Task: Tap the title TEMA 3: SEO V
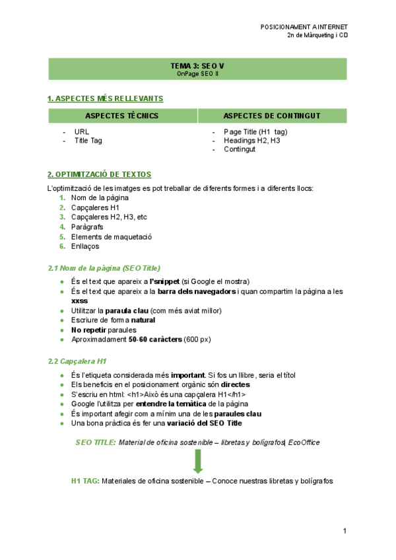(x=197, y=66)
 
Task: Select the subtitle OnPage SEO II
(x=197, y=74)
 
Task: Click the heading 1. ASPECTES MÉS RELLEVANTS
(x=105, y=98)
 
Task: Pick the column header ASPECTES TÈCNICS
(x=122, y=116)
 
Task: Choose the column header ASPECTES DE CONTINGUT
(x=272, y=116)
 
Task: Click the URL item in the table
(x=82, y=131)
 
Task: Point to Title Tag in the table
(x=88, y=140)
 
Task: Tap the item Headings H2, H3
(x=251, y=140)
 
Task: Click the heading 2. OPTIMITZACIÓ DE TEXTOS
(x=99, y=174)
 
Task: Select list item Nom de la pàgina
(x=100, y=197)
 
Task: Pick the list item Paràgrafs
(x=87, y=227)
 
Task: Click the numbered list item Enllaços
(x=85, y=246)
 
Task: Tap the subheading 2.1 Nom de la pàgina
(x=104, y=268)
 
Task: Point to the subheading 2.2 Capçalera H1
(x=77, y=361)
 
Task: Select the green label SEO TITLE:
(x=96, y=442)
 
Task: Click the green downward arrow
(x=198, y=461)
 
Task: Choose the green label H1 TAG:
(x=85, y=481)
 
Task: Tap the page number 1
(x=345, y=531)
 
